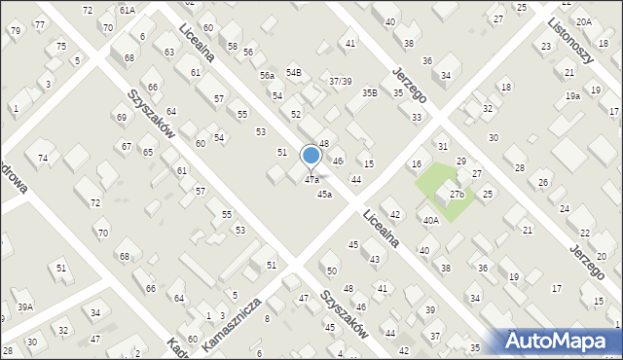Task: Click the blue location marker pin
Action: tap(311, 156)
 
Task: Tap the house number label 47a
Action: tap(311, 180)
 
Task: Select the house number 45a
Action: tap(324, 194)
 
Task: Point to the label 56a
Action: tap(266, 75)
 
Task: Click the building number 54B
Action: tap(293, 73)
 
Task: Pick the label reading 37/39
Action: tap(340, 81)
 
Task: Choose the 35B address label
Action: tap(370, 93)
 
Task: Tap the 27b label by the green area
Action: tap(457, 195)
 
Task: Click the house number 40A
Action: tap(430, 221)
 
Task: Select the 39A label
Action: tap(24, 307)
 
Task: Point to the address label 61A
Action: tap(127, 9)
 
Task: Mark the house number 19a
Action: tap(572, 96)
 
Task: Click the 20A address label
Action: tap(582, 21)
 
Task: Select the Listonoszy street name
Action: tap(570, 39)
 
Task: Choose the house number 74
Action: tap(42, 158)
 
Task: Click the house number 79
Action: tap(15, 30)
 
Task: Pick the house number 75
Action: tap(61, 47)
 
